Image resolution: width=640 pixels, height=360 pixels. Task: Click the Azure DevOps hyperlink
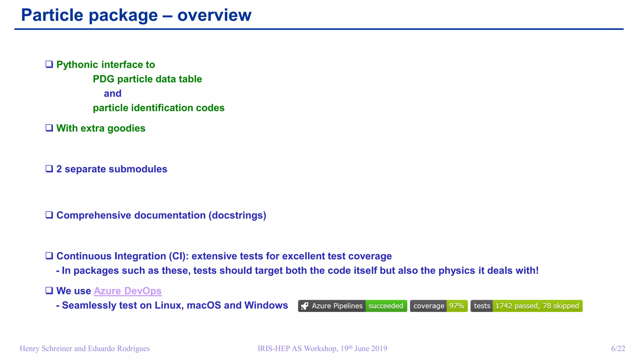tap(127, 291)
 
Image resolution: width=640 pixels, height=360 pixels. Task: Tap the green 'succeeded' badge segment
tap(386, 306)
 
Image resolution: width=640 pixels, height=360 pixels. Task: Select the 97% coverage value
tap(457, 306)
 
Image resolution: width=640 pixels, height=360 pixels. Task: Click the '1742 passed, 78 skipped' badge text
tap(537, 306)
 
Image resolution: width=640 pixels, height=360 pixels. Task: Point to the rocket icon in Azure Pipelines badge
tap(305, 306)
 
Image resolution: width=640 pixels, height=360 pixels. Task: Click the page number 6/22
tap(618, 348)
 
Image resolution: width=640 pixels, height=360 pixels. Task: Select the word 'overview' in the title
tap(214, 15)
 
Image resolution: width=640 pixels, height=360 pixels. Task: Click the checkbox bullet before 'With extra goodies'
tap(49, 128)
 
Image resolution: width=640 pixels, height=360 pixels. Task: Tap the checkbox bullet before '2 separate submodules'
tap(49, 169)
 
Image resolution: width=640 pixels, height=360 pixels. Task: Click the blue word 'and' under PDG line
tap(112, 93)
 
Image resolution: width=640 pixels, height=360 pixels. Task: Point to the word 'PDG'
tap(103, 79)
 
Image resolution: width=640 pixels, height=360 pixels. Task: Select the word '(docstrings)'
tap(237, 215)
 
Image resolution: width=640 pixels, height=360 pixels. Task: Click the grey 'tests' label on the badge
tap(482, 306)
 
